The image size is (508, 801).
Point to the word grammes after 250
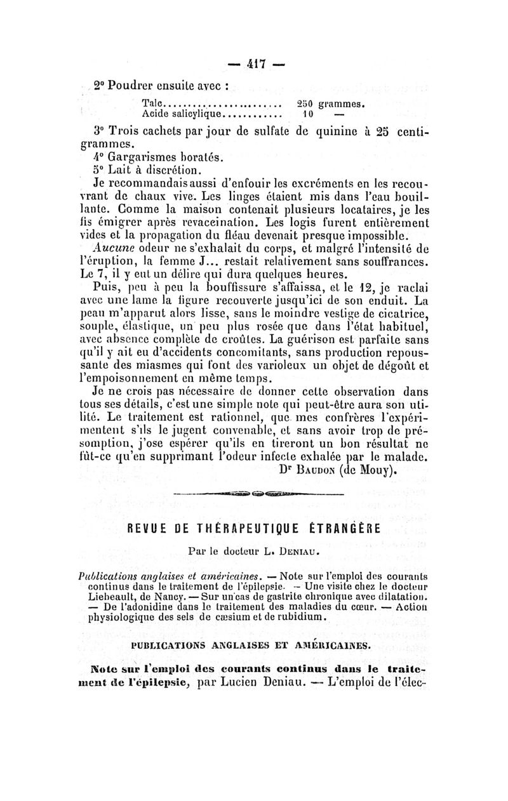tap(340, 103)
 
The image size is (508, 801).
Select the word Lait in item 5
tap(124, 171)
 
